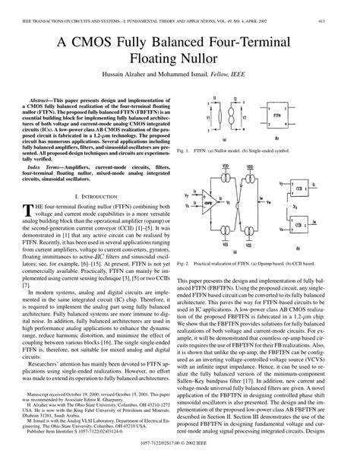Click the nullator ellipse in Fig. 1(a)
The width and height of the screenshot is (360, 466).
tap(219, 94)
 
